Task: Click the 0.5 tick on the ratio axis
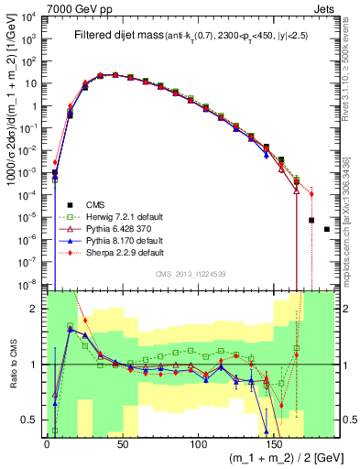tap(34, 420)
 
